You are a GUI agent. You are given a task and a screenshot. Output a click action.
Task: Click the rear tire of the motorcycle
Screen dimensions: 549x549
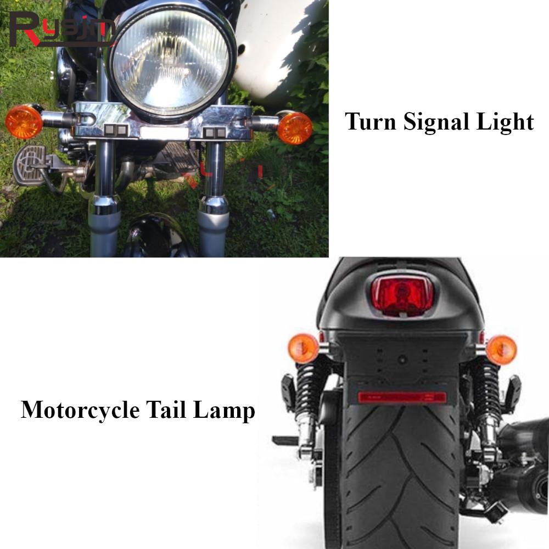401,472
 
